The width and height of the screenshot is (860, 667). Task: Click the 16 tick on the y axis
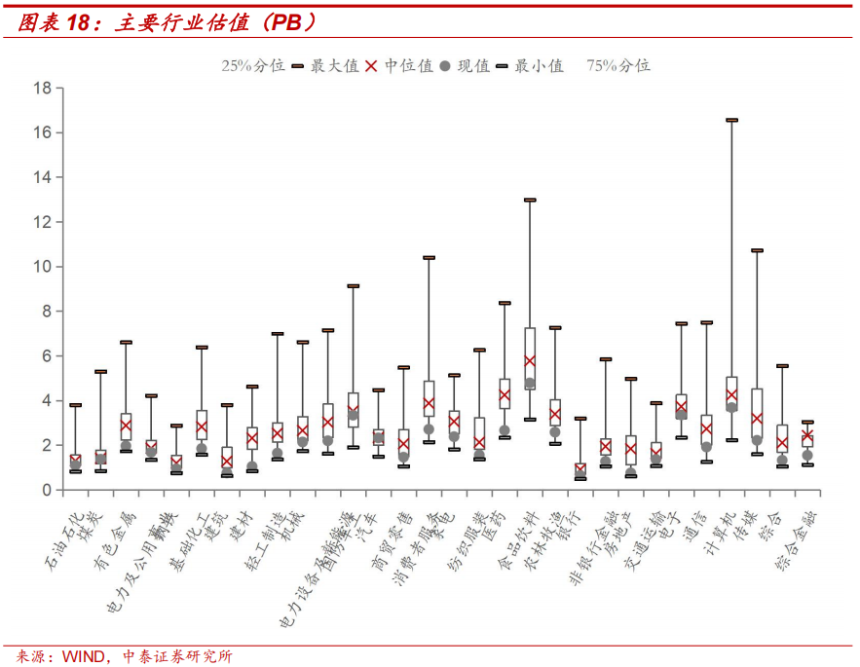(x=42, y=132)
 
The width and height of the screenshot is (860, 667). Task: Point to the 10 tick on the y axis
(x=42, y=267)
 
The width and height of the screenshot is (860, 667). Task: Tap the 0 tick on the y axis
(x=46, y=490)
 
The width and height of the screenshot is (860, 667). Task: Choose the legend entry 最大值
(x=325, y=66)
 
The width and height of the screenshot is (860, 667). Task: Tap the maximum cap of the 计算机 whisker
(x=731, y=120)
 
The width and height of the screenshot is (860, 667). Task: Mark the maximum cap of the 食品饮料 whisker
(x=530, y=200)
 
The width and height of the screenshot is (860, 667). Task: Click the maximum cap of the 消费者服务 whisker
(x=429, y=258)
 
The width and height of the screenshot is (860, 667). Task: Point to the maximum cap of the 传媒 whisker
(x=757, y=250)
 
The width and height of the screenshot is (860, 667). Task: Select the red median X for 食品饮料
(x=530, y=361)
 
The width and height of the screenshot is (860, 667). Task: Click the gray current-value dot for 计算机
(x=731, y=407)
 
